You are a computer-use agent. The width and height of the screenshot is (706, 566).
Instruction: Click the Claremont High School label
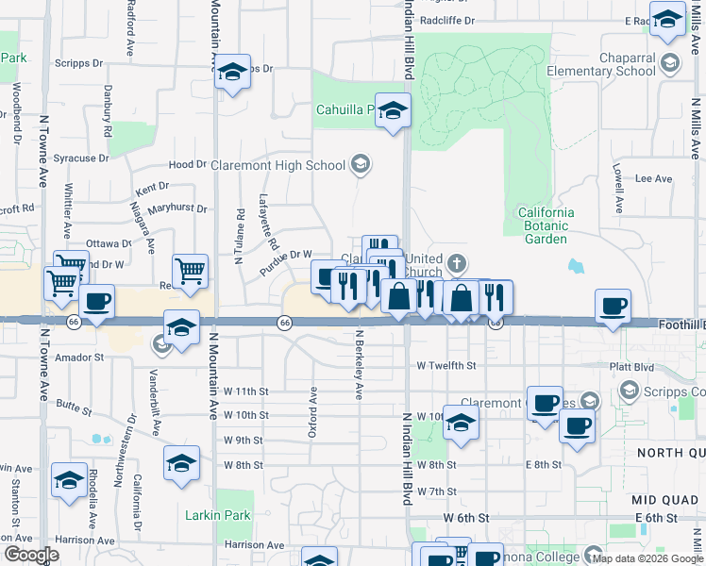coord(278,166)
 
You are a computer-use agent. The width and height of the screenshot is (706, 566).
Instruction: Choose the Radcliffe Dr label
coord(446,19)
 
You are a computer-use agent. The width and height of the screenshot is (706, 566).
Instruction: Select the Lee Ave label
coord(653,178)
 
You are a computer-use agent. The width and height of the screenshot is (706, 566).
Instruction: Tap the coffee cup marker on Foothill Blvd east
coord(613,306)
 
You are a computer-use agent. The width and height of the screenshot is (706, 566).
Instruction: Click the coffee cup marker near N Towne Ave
coord(96,302)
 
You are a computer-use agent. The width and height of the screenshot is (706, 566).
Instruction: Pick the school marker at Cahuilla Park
coord(393,110)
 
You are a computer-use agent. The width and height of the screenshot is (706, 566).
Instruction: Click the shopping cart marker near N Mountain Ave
coord(190,272)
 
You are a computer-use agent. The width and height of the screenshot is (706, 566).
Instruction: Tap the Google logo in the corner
coord(31,555)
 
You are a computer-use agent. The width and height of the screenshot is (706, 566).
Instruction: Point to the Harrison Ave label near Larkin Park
coord(254,544)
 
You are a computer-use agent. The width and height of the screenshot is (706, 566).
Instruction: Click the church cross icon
coord(457,263)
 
